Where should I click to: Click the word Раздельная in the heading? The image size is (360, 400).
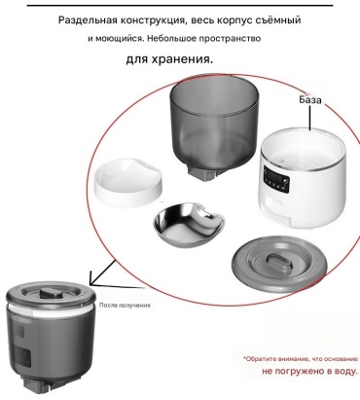(x=88, y=20)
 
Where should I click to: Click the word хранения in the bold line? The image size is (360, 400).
(x=183, y=59)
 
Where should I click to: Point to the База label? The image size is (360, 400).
(x=310, y=99)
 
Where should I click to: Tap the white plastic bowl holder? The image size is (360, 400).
(x=127, y=182)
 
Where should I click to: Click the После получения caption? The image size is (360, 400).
(x=125, y=306)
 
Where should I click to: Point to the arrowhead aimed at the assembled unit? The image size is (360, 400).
(x=94, y=279)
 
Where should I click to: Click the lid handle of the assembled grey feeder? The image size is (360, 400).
(x=51, y=293)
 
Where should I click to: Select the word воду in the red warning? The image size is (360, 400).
(x=345, y=371)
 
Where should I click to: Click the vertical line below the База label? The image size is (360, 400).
(x=310, y=118)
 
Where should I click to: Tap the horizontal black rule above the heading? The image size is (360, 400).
(x=180, y=6)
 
